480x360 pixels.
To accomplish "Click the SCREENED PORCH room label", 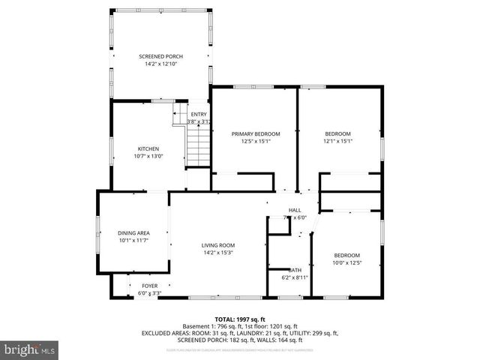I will (x=160, y=56).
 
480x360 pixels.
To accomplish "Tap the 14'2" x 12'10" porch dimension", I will (x=160, y=64).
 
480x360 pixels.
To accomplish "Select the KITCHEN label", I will (x=148, y=148).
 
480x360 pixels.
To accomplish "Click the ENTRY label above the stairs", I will (x=198, y=114).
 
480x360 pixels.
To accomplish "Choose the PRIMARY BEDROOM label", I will (x=255, y=133).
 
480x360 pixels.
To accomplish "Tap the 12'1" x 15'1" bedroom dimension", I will (x=337, y=141).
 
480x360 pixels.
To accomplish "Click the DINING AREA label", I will (x=133, y=232).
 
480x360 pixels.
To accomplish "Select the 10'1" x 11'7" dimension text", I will (x=133, y=241).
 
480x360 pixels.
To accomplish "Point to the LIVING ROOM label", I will (x=218, y=245).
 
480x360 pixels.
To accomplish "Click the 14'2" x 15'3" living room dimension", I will (x=218, y=253).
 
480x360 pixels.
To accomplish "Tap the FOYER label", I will (x=150, y=286).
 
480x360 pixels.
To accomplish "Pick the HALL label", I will (x=295, y=210).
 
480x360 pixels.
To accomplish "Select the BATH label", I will (x=295, y=269).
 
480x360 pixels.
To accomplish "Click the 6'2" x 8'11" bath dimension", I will (x=295, y=277).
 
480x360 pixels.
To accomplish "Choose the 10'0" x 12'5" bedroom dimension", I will (x=346, y=262).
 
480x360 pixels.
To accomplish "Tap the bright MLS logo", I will (x=30, y=349).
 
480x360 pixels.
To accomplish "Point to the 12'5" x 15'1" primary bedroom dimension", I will (x=255, y=141).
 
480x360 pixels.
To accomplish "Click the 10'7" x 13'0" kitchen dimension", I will (x=148, y=156).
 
